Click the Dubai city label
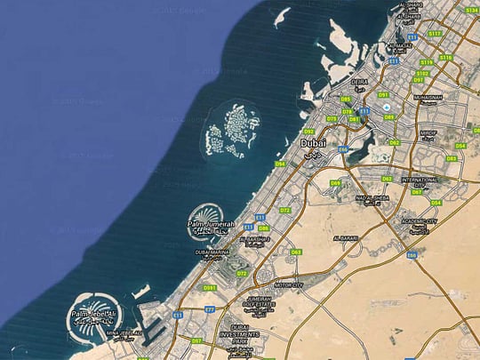pos(314,142)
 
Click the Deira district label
pos(360,81)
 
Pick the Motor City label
pos(288,285)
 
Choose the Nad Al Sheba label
pos(372,198)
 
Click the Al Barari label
pos(345,238)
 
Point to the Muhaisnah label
pos(428,98)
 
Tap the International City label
pos(420,180)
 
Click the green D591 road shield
pos(210,288)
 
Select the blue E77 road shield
pos(210,309)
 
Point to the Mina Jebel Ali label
pos(124,334)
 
